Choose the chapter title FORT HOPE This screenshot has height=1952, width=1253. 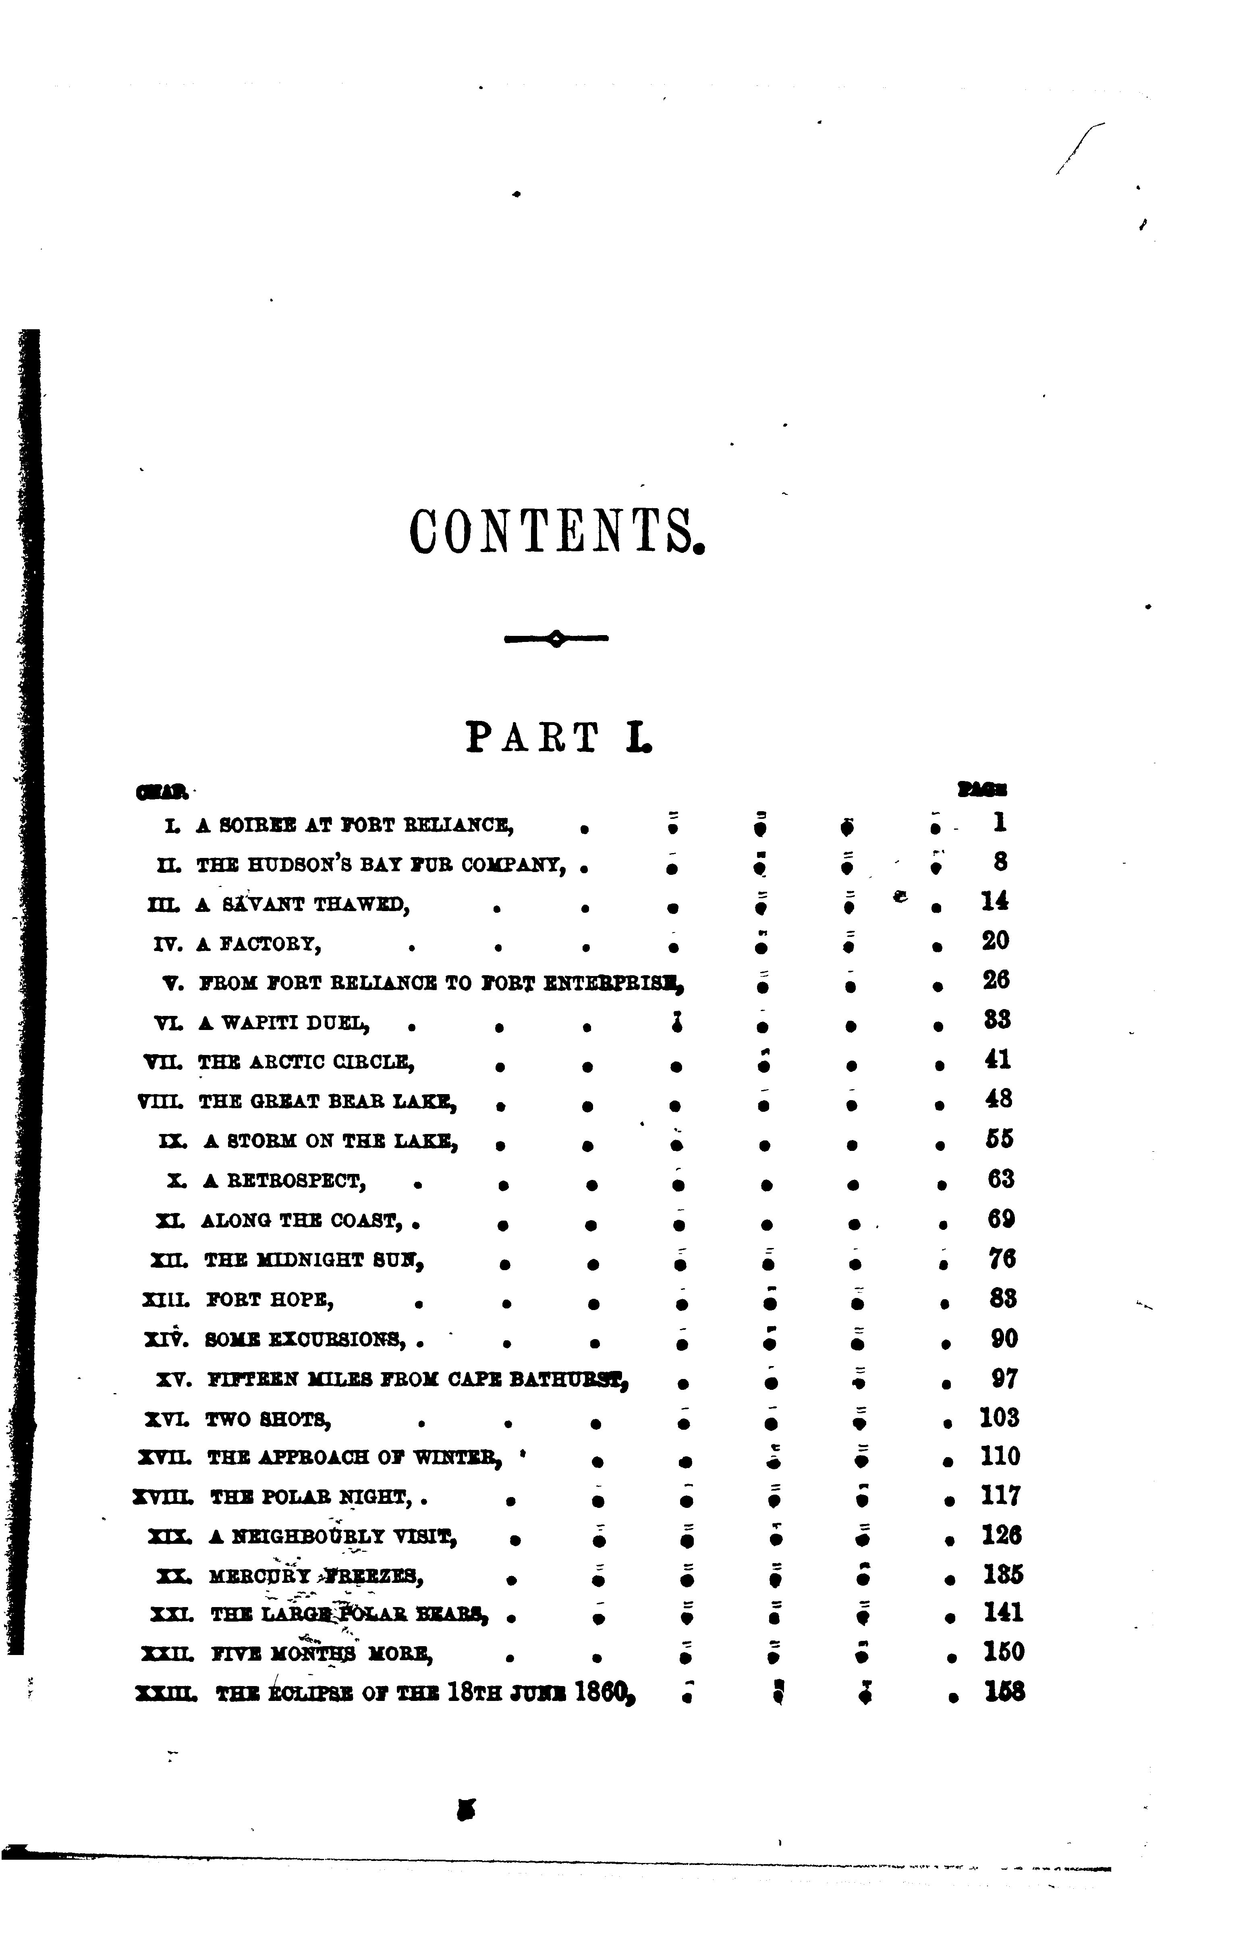point(270,1300)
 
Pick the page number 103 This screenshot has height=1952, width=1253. point(999,1418)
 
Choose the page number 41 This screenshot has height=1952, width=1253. point(998,1060)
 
